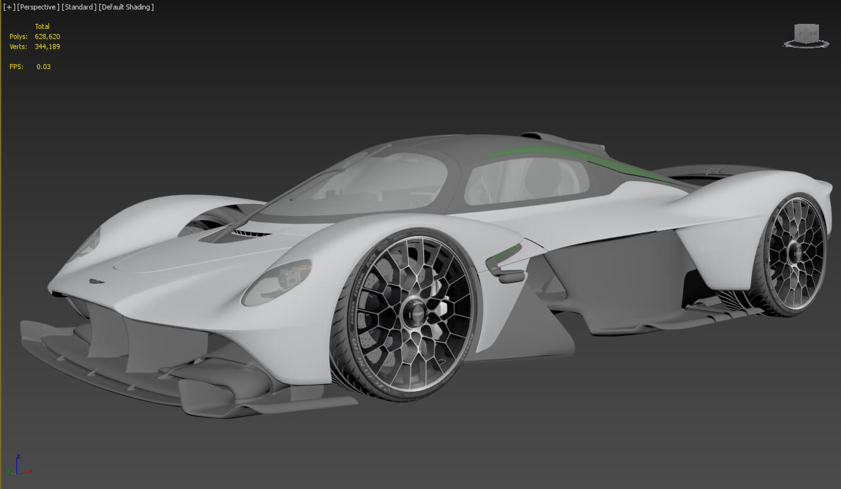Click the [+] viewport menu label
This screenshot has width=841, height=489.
[x=9, y=7]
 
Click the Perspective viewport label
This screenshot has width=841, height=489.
[x=38, y=7]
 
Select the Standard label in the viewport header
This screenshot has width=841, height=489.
[x=79, y=7]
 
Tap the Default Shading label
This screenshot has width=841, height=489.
[x=127, y=7]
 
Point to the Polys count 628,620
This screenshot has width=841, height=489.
[x=47, y=36]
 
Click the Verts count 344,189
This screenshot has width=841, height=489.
[x=47, y=46]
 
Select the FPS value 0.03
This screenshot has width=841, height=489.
[x=43, y=67]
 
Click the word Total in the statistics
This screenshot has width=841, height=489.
[x=42, y=26]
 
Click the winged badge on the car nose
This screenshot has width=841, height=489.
[x=97, y=282]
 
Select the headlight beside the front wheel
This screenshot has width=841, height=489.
[x=277, y=282]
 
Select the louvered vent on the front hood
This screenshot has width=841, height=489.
[x=248, y=233]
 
